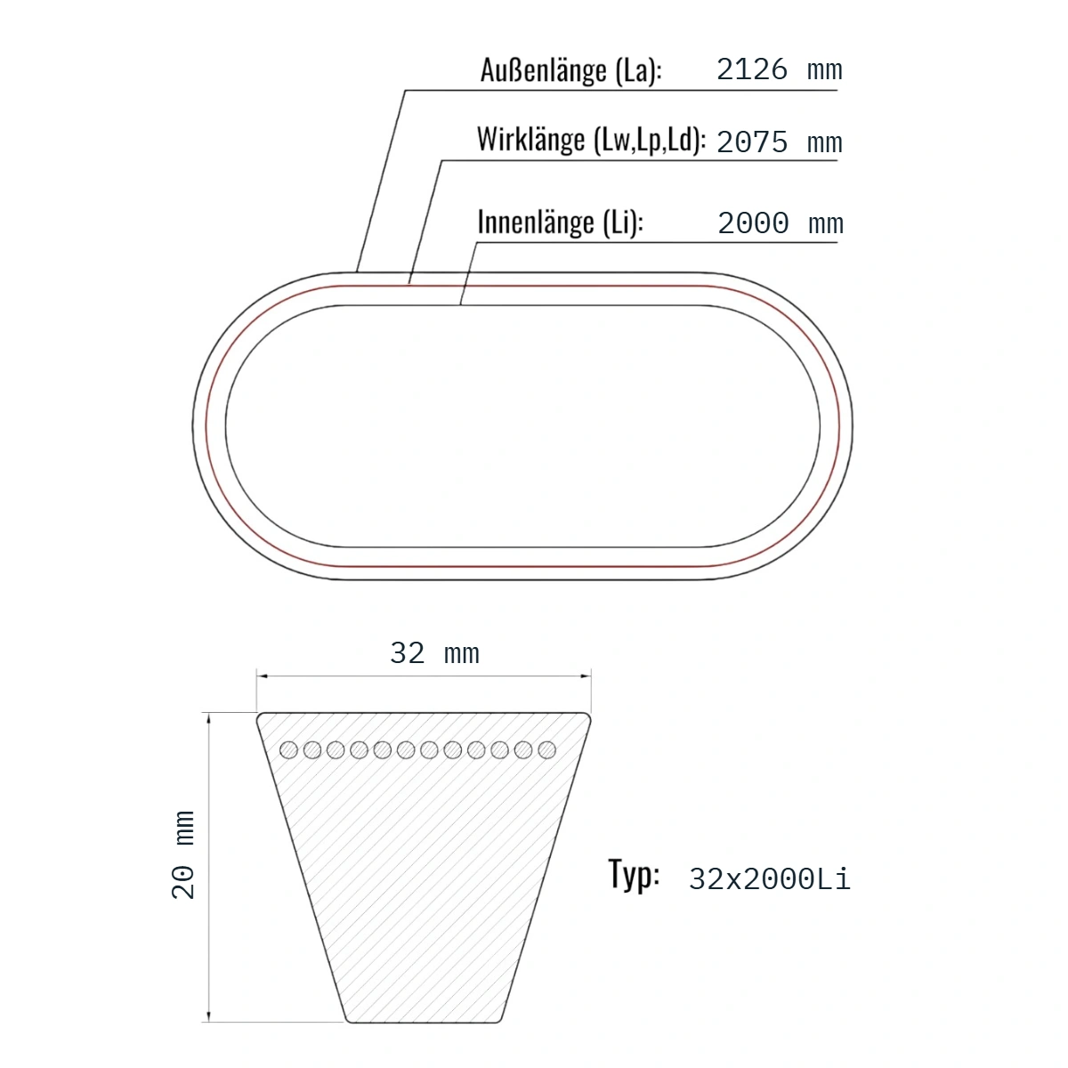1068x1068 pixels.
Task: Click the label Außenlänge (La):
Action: click(570, 71)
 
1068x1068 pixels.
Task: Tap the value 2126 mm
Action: click(780, 69)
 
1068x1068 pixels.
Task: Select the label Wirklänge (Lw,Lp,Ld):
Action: click(591, 140)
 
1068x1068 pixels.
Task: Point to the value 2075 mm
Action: click(780, 142)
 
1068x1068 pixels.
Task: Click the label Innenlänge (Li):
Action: click(561, 222)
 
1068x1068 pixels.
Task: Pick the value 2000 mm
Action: click(781, 223)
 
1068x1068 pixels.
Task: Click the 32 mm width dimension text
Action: click(434, 653)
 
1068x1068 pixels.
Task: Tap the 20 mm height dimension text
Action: click(183, 855)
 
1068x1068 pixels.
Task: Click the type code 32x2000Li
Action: click(769, 879)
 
